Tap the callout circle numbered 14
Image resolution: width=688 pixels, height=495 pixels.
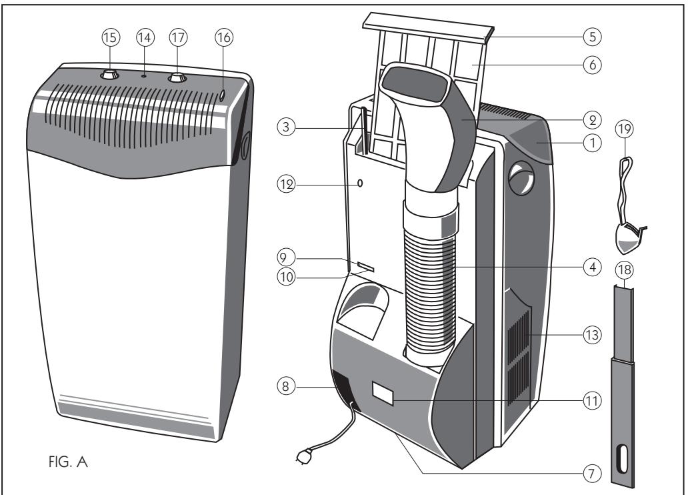point(144,38)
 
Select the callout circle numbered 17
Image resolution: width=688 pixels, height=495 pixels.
point(177,38)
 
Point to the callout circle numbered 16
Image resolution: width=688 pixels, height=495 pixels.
point(224,38)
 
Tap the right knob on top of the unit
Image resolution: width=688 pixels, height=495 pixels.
point(176,78)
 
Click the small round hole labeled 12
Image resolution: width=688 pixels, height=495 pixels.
point(361,183)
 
